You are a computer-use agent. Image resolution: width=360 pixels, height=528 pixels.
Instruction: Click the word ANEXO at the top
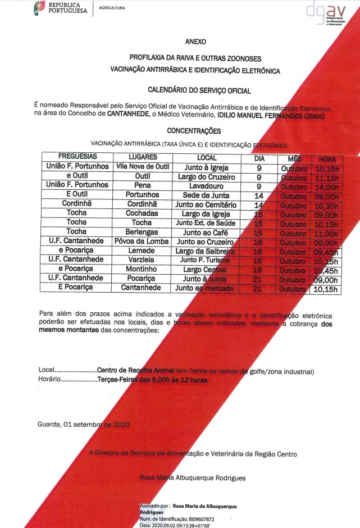[195, 42]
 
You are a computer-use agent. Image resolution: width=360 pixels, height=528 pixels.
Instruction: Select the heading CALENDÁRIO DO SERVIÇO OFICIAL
[199, 90]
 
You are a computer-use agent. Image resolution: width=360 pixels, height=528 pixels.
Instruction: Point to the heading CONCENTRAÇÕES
[194, 130]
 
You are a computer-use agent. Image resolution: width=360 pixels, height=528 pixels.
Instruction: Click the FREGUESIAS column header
[78, 157]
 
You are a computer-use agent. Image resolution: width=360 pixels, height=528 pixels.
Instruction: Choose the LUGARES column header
[143, 157]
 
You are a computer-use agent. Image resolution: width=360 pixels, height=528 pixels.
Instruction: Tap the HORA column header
[326, 158]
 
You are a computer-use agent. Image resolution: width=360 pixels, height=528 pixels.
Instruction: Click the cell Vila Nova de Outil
[142, 166]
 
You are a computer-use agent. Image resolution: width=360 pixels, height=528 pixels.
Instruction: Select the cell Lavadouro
[206, 185]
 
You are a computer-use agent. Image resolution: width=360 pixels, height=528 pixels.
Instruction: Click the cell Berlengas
[142, 232]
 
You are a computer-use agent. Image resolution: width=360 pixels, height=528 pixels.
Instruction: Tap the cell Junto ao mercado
[206, 288]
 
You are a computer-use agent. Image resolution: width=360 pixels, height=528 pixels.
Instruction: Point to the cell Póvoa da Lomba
[142, 242]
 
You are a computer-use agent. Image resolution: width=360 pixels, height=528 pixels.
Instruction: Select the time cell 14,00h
[326, 187]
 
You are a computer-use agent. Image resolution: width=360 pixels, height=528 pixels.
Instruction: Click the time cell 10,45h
[326, 271]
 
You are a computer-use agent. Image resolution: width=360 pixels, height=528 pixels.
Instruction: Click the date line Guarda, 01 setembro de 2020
[84, 425]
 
